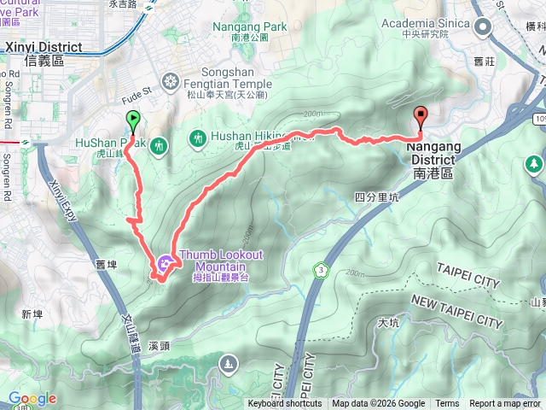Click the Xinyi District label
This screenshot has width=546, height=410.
pyautogui.click(x=44, y=53)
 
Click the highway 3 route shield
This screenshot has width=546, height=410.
pyautogui.click(x=321, y=270)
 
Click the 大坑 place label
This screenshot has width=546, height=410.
pyautogui.click(x=387, y=323)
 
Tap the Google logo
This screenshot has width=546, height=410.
pyautogui.click(x=32, y=398)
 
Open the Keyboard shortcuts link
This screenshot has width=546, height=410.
pyautogui.click(x=285, y=404)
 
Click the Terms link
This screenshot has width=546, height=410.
pyautogui.click(x=447, y=404)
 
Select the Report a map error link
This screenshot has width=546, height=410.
pyautogui.click(x=506, y=404)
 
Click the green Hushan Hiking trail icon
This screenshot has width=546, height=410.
pyautogui.click(x=197, y=138)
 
